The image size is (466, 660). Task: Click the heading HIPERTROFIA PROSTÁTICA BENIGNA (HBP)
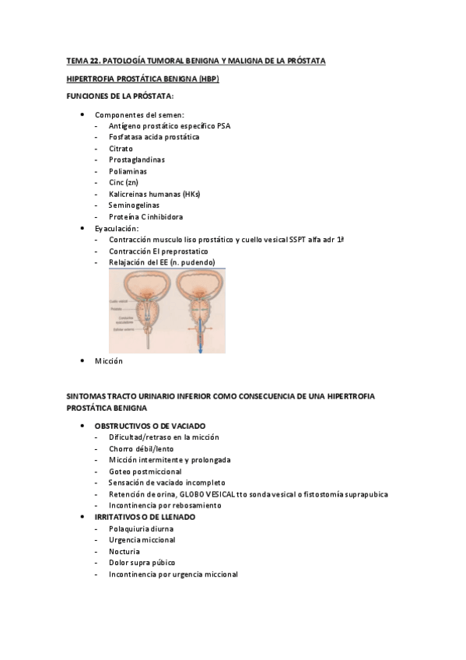142,79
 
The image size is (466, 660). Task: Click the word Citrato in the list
121,148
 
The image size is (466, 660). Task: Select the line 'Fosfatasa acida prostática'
154,137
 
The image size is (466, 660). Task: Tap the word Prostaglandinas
137,160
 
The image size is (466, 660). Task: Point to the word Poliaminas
128,171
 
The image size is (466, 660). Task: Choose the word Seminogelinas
134,205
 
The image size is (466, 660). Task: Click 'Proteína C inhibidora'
146,216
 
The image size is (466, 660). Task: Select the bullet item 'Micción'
109,361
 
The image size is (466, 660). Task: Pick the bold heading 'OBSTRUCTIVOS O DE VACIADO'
149,427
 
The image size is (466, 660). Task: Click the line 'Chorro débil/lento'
142,449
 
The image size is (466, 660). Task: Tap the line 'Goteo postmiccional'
145,472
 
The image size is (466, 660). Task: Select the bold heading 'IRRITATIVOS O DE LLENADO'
145,517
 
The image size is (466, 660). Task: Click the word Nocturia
124,551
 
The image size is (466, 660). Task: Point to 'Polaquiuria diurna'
142,528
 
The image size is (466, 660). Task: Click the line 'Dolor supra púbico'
142,563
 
